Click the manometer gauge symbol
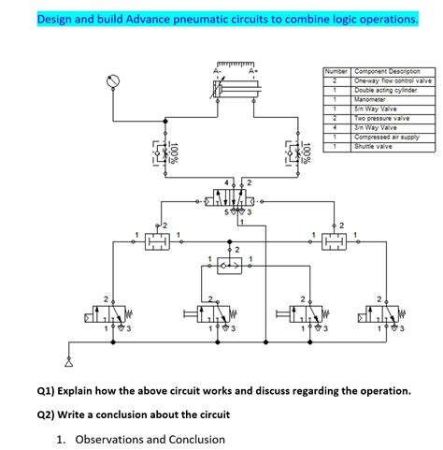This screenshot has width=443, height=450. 113,83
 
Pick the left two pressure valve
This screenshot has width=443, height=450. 156,242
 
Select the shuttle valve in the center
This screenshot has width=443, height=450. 230,267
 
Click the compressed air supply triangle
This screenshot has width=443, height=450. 67,357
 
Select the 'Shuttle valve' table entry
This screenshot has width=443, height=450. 372,145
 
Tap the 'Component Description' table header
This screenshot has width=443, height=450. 386,71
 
